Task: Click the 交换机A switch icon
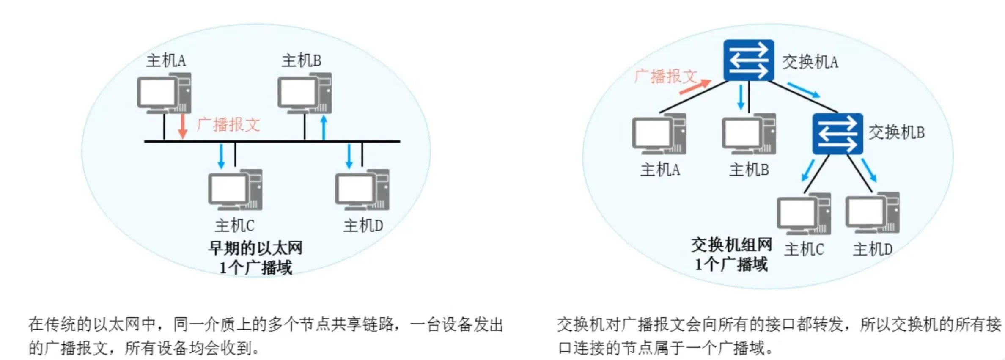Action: (748, 60)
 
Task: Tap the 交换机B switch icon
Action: (837, 133)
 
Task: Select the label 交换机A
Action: (810, 62)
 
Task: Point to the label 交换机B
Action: (896, 132)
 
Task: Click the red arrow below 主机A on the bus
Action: (183, 125)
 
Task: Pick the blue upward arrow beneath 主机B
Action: (324, 127)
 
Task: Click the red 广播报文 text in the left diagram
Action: (228, 125)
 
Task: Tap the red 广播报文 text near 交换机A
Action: (665, 77)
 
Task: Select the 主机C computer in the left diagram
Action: (235, 190)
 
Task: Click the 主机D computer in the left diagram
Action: (362, 190)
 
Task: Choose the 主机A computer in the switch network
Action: (659, 134)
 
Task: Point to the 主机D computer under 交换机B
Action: (872, 213)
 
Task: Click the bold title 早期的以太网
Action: (255, 248)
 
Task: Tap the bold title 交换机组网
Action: (731, 245)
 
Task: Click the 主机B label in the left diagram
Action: (301, 60)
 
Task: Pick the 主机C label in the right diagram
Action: (804, 249)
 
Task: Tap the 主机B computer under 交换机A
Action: (749, 134)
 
